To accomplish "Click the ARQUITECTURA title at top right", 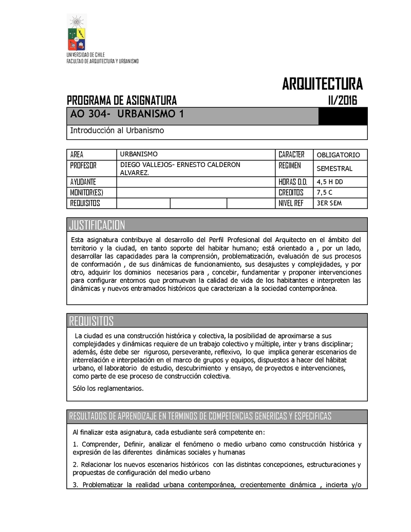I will point(322,83).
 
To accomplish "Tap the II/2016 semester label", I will point(342,100).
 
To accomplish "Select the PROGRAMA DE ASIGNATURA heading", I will point(122,100).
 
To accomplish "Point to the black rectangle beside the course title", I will point(343,117).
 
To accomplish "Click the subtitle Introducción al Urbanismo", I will point(117,131).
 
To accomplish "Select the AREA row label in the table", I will point(77,154).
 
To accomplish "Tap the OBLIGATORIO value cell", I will point(339,155).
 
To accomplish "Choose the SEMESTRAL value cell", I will point(334,168).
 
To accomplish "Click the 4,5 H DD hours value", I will point(330,181).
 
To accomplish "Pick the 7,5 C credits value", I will point(325,192).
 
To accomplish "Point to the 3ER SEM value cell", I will point(329,203).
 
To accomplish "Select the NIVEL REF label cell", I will point(291,203).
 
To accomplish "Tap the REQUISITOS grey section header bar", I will point(217,321).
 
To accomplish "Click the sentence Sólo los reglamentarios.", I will point(108,388).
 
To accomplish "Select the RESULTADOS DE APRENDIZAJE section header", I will point(200,416).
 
